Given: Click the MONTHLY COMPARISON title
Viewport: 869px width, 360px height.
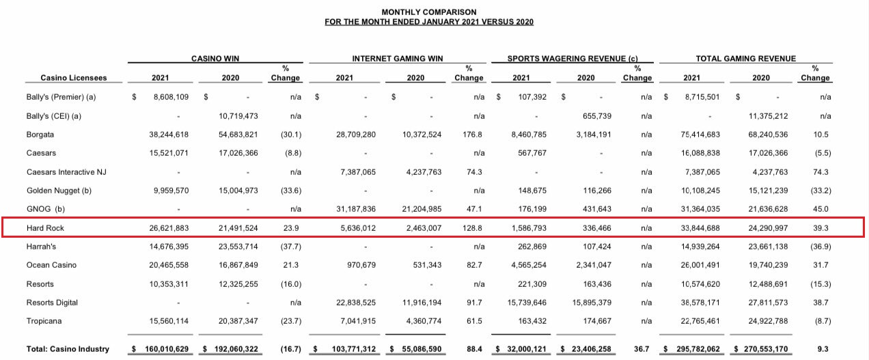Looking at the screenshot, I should click(x=429, y=12).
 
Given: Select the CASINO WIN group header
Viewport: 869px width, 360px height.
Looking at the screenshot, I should click(x=215, y=59).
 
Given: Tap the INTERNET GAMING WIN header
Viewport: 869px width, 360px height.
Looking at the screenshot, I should click(x=398, y=59).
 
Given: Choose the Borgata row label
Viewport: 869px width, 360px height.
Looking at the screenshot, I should click(x=40, y=135).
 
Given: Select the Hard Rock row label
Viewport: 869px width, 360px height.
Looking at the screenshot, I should click(x=46, y=227).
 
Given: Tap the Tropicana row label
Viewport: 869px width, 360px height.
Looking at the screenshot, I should click(x=44, y=321).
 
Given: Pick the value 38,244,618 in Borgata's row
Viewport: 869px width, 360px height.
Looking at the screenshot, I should click(x=169, y=135).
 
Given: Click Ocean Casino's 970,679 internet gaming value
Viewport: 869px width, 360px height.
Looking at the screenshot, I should click(x=358, y=265).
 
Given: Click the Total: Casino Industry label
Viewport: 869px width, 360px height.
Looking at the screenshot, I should click(x=68, y=349).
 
